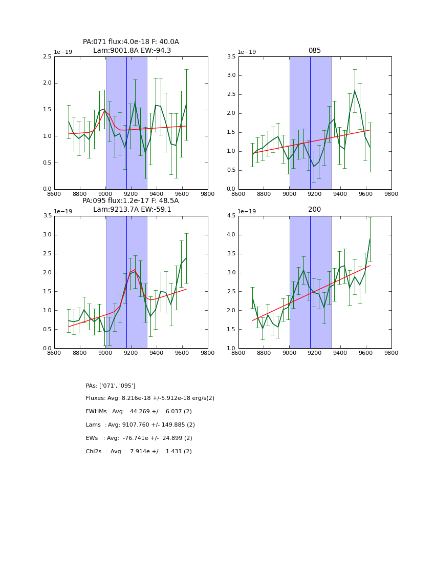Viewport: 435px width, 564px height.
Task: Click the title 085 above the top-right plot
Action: tap(314, 51)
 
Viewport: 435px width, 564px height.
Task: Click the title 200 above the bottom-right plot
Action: tap(314, 210)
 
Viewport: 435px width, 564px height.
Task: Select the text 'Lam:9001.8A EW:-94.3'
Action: tap(132, 51)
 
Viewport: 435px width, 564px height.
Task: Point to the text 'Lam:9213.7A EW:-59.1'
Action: tap(132, 210)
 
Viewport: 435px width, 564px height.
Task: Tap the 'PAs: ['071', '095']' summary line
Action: tap(111, 386)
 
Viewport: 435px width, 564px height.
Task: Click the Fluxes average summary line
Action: tap(150, 398)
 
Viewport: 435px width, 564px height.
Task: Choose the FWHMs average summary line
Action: tap(139, 412)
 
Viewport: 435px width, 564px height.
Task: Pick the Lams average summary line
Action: tap(140, 425)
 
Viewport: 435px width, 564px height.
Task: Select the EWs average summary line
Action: tap(139, 438)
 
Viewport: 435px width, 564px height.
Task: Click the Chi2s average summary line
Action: tap(139, 452)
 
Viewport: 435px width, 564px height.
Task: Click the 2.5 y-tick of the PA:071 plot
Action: tap(47, 57)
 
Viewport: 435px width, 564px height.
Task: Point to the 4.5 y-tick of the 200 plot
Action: tap(231, 216)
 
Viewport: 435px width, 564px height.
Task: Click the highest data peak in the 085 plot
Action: tap(355, 91)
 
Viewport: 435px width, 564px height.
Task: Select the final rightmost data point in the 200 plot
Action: tap(370, 239)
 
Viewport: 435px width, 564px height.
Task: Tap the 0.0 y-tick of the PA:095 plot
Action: tap(47, 348)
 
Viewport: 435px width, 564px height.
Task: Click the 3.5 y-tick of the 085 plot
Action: tap(231, 57)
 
